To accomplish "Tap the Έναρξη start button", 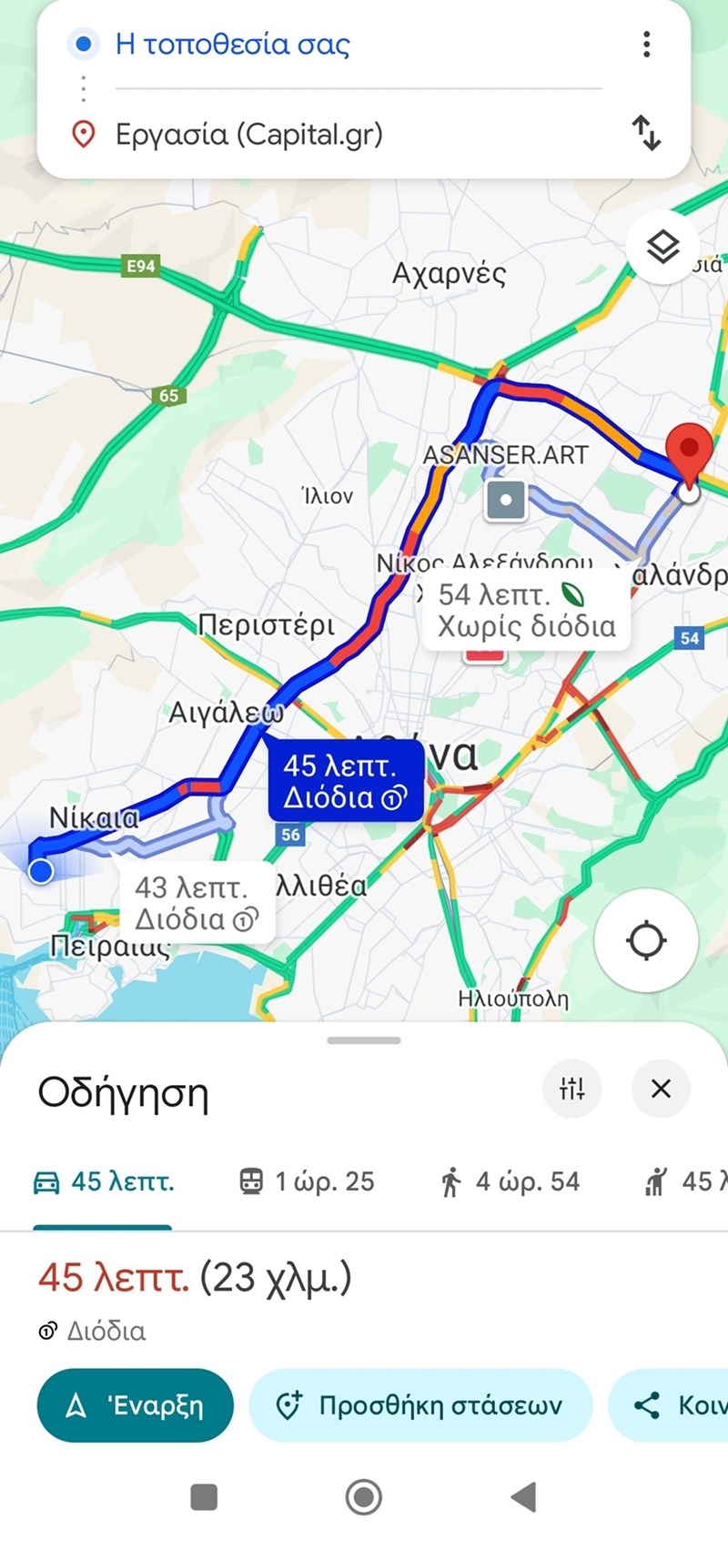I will click(135, 1405).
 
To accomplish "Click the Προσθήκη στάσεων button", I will click(420, 1405).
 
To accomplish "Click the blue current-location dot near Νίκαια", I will click(41, 871).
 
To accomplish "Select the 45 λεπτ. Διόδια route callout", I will click(345, 781).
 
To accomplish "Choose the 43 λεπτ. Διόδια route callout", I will click(197, 903).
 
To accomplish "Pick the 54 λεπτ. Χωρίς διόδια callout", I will click(526, 610).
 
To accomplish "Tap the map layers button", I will click(662, 247).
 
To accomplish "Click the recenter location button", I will click(646, 940).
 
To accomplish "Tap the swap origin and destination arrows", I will click(646, 133).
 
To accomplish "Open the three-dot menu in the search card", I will click(646, 44).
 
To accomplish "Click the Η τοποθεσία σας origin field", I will click(232, 44).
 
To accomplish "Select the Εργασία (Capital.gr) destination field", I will click(248, 135).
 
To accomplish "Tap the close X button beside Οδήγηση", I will click(661, 1088).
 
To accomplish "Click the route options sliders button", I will click(571, 1088).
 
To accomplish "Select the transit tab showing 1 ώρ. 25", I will click(307, 1181).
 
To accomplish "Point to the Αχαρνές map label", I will click(449, 273).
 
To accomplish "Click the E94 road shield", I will click(140, 266).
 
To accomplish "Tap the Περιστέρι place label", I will click(266, 625).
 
